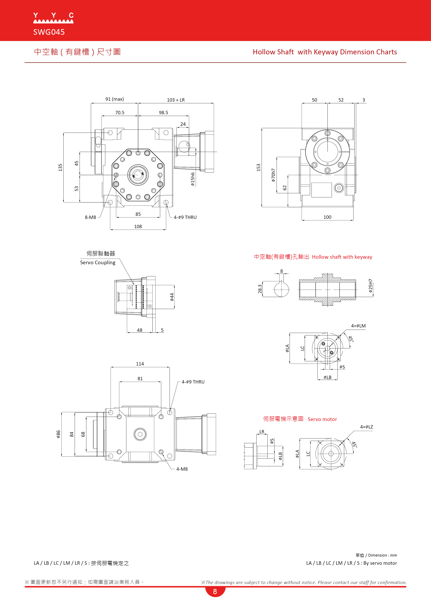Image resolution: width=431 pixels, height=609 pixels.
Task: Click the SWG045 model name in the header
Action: point(49,32)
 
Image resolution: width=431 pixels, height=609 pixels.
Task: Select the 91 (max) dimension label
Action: point(114,99)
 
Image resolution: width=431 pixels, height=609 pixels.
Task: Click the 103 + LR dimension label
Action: point(176,100)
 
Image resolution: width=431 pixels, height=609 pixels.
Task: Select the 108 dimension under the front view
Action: point(138,227)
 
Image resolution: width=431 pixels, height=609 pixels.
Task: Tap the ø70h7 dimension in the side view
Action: point(273,175)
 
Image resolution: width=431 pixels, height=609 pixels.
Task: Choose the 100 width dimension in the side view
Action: point(327,217)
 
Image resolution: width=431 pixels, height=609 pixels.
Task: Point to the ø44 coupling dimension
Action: point(172,297)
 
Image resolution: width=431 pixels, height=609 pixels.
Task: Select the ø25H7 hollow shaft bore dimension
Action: point(371,286)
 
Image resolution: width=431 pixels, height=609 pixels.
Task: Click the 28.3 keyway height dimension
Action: point(260,289)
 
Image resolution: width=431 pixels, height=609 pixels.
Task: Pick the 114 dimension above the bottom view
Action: point(140,364)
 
